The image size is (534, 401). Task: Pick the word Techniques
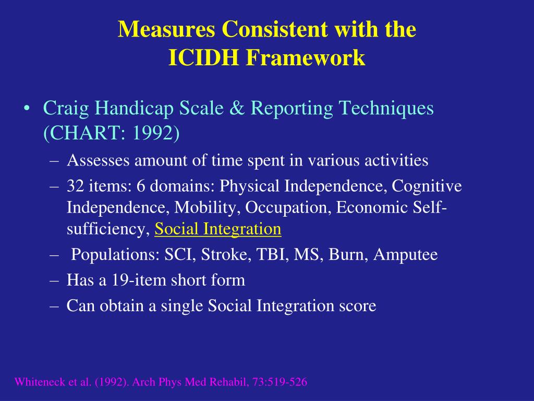coord(386,109)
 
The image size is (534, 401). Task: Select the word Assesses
coord(99,160)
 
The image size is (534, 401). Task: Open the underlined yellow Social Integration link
coord(218,229)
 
